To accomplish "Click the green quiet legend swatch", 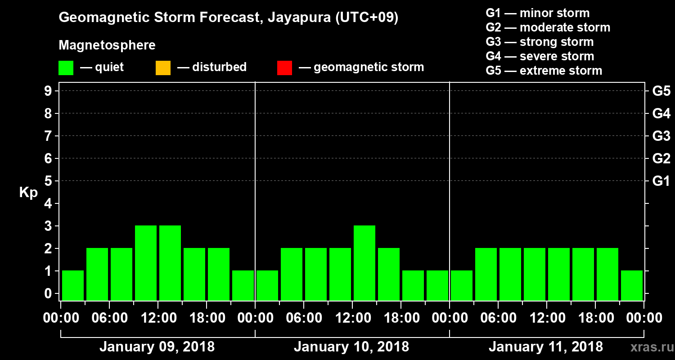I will click(x=66, y=68).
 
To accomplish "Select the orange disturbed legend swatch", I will click(x=163, y=68).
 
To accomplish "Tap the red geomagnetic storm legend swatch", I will click(x=284, y=68).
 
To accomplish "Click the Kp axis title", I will click(x=28, y=192).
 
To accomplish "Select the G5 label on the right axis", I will click(x=661, y=91).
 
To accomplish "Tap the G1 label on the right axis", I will click(x=661, y=181).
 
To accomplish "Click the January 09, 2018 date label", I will click(x=157, y=347).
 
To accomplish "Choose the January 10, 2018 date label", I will click(x=351, y=347).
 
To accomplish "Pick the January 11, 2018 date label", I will click(x=545, y=347).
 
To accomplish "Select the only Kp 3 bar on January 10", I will click(x=364, y=263).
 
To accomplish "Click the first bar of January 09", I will click(x=73, y=285).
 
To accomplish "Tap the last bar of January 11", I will click(x=632, y=285).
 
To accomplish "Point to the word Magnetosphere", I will click(x=107, y=45).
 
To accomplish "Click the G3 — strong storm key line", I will click(x=540, y=42).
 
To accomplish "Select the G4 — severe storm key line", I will click(x=540, y=56).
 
